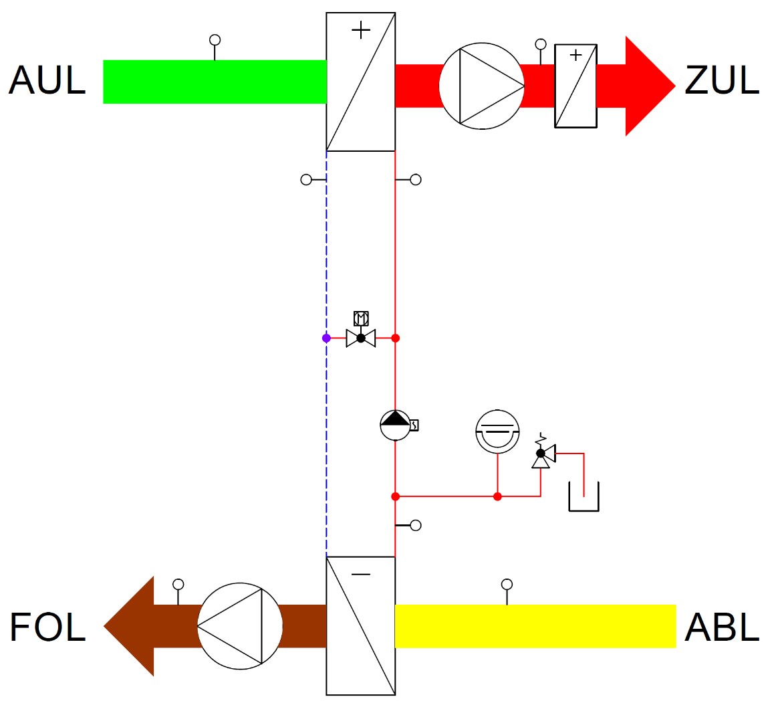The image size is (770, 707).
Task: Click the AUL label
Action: (x=47, y=80)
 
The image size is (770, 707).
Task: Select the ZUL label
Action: (x=722, y=80)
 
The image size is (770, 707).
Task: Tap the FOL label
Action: (x=47, y=627)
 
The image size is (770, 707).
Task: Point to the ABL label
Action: (x=722, y=627)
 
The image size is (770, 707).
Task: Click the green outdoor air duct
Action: (x=214, y=82)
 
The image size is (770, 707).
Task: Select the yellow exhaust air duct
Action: (x=535, y=626)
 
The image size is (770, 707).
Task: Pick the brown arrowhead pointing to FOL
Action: (x=130, y=626)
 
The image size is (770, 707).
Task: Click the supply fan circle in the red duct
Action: (x=481, y=86)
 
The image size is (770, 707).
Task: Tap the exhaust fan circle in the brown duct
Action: (x=240, y=626)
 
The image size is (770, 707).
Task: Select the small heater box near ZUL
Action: (x=575, y=86)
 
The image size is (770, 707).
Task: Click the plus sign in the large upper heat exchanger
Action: (x=361, y=30)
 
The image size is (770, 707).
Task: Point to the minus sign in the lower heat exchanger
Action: (x=361, y=575)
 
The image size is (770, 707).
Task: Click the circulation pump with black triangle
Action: (x=395, y=425)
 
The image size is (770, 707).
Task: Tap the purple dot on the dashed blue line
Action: (x=326, y=338)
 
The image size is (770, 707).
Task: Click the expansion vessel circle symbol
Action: (x=497, y=431)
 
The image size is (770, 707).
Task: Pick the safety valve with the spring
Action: (x=541, y=453)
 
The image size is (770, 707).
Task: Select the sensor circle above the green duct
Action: (x=215, y=40)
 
